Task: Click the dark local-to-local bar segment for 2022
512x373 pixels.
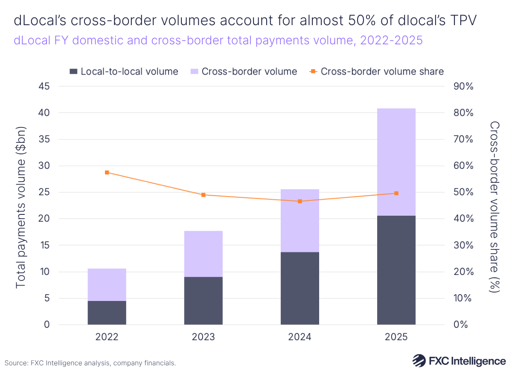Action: click(x=107, y=312)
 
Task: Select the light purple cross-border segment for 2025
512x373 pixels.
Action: click(x=396, y=162)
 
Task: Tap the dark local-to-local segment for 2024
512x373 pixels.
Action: click(x=300, y=288)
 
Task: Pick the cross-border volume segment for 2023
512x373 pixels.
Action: click(x=203, y=254)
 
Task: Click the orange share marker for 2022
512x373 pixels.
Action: click(x=107, y=173)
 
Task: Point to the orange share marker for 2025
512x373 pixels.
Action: click(x=396, y=193)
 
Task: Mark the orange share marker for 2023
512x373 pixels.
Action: click(x=203, y=195)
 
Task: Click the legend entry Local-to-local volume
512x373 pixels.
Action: click(x=124, y=72)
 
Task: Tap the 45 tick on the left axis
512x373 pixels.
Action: click(x=44, y=87)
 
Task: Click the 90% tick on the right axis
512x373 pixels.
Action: click(x=463, y=87)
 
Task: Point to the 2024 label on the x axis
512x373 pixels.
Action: click(x=300, y=337)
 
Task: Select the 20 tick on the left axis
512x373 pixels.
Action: click(x=44, y=219)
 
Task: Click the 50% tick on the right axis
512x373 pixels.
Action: click(x=463, y=192)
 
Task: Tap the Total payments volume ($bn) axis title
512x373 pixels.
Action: click(x=21, y=207)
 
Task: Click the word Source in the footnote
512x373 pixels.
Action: click(x=16, y=363)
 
